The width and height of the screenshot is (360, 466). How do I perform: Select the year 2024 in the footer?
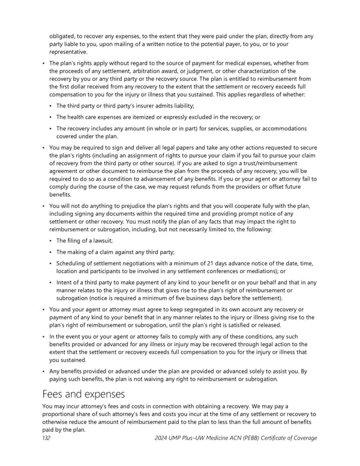[x=163, y=438]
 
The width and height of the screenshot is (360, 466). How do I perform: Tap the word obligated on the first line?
[x=63, y=36]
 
